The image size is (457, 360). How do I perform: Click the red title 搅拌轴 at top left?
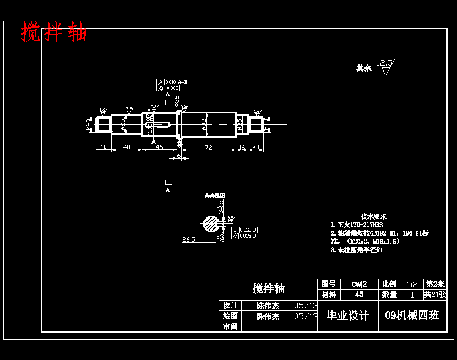pos(54,32)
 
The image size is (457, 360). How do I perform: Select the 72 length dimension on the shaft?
pos(209,147)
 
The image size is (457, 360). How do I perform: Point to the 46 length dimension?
pos(159,147)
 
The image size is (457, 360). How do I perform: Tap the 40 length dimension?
pos(127,147)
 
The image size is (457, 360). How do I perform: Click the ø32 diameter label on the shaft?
pos(204,124)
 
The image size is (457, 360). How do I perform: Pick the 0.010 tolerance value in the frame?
pos(171,82)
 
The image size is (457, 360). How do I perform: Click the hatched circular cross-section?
pos(210,223)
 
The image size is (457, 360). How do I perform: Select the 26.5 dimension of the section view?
pos(189,239)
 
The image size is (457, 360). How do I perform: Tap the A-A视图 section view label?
pos(215,195)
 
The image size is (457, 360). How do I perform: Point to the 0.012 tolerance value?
pos(246,230)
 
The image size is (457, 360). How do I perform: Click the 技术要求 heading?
pos(373,216)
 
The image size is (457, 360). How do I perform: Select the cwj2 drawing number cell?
pos(359,284)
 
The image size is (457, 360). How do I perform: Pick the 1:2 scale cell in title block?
pos(411,285)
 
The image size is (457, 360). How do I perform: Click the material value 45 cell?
pos(359,294)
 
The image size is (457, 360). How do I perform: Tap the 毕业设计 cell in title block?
pos(347,315)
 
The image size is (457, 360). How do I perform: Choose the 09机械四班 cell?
pos(412,315)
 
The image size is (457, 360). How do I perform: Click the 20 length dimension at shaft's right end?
pos(255,147)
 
